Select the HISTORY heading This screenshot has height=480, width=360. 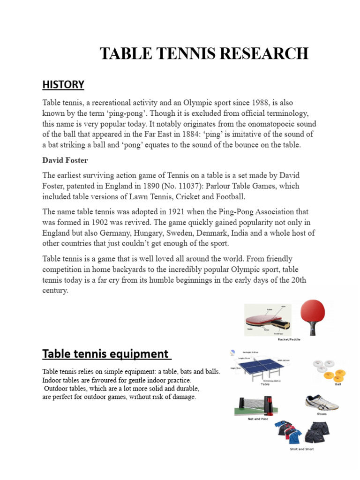click(x=63, y=84)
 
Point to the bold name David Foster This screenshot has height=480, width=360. click(x=65, y=160)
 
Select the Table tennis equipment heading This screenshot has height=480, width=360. click(x=105, y=353)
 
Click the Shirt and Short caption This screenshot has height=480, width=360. click(x=301, y=449)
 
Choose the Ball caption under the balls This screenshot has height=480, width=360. click(x=338, y=384)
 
